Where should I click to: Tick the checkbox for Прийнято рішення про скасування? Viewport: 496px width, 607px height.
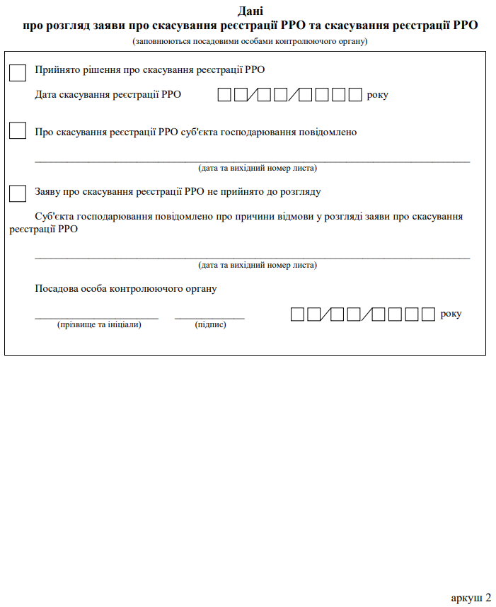[x=18, y=72]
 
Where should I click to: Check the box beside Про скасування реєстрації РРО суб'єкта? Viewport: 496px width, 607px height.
[x=18, y=131]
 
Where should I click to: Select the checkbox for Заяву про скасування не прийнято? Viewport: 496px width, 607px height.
[x=18, y=193]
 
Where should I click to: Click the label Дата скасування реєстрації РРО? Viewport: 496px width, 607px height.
[x=108, y=94]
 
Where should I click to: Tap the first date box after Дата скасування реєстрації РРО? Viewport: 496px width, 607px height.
[x=224, y=95]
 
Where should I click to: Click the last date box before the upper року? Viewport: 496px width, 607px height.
[x=355, y=95]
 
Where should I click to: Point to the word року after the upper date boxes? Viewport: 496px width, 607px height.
[x=378, y=95]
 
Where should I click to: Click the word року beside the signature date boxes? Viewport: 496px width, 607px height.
[x=451, y=313]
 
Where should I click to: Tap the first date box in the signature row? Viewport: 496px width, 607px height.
[x=298, y=314]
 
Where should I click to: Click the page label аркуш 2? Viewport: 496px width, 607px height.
[x=471, y=597]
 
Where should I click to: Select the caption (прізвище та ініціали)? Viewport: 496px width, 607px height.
[x=99, y=324]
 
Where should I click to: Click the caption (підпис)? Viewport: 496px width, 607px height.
[x=210, y=324]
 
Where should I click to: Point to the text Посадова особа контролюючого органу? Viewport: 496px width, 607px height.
[x=125, y=288]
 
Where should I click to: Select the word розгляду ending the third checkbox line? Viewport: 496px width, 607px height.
[x=301, y=191]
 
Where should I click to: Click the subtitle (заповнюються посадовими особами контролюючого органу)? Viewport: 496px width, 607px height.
[x=250, y=41]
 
